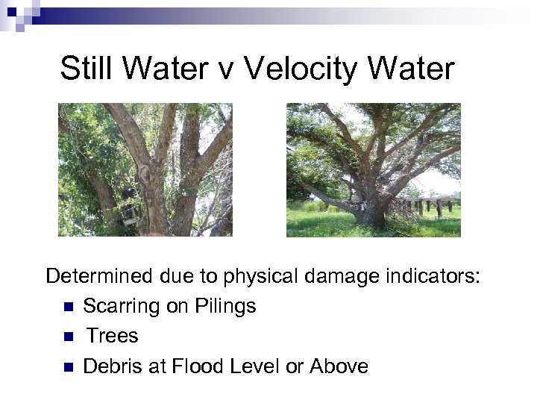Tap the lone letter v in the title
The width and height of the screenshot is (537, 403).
(x=227, y=70)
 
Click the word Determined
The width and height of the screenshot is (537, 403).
(x=99, y=277)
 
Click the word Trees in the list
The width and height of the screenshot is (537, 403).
(x=112, y=336)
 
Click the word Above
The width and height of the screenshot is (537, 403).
(x=339, y=366)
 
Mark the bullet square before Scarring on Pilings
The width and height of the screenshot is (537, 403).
(x=67, y=307)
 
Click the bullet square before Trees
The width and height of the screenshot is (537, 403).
(x=67, y=337)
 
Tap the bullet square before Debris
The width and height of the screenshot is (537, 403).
(x=67, y=367)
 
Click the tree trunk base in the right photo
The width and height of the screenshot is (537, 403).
(x=371, y=215)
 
